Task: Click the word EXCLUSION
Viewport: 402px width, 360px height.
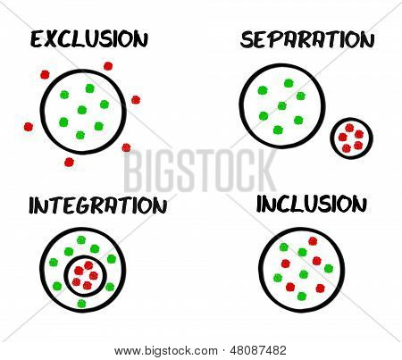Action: click(89, 38)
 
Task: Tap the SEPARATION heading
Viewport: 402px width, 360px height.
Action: click(307, 39)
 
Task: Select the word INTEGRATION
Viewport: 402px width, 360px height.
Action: click(97, 205)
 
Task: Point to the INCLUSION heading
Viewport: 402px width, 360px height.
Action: click(312, 204)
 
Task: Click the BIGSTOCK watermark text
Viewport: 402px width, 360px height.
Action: click(200, 172)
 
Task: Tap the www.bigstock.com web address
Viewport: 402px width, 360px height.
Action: click(166, 351)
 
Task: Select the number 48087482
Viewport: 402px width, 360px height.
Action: click(258, 350)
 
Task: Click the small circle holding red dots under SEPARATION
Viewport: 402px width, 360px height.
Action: click(352, 138)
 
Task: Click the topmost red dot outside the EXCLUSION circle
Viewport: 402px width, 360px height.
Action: click(108, 66)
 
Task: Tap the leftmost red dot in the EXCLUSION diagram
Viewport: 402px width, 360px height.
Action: click(29, 127)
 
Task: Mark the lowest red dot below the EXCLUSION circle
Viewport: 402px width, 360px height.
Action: click(69, 163)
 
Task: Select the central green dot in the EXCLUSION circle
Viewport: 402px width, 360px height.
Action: click(82, 110)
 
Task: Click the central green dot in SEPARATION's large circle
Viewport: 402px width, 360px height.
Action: click(282, 105)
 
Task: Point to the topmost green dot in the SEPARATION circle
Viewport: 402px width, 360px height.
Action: click(289, 83)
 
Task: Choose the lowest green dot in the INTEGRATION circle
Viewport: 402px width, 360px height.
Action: click(81, 304)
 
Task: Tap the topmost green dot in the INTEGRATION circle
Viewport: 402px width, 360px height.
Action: click(81, 239)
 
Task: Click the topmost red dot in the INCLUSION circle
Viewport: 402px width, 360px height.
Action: click(313, 241)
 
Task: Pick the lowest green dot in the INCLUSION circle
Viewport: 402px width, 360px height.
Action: click(302, 297)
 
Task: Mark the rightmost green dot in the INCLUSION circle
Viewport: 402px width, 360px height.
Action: click(329, 269)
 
